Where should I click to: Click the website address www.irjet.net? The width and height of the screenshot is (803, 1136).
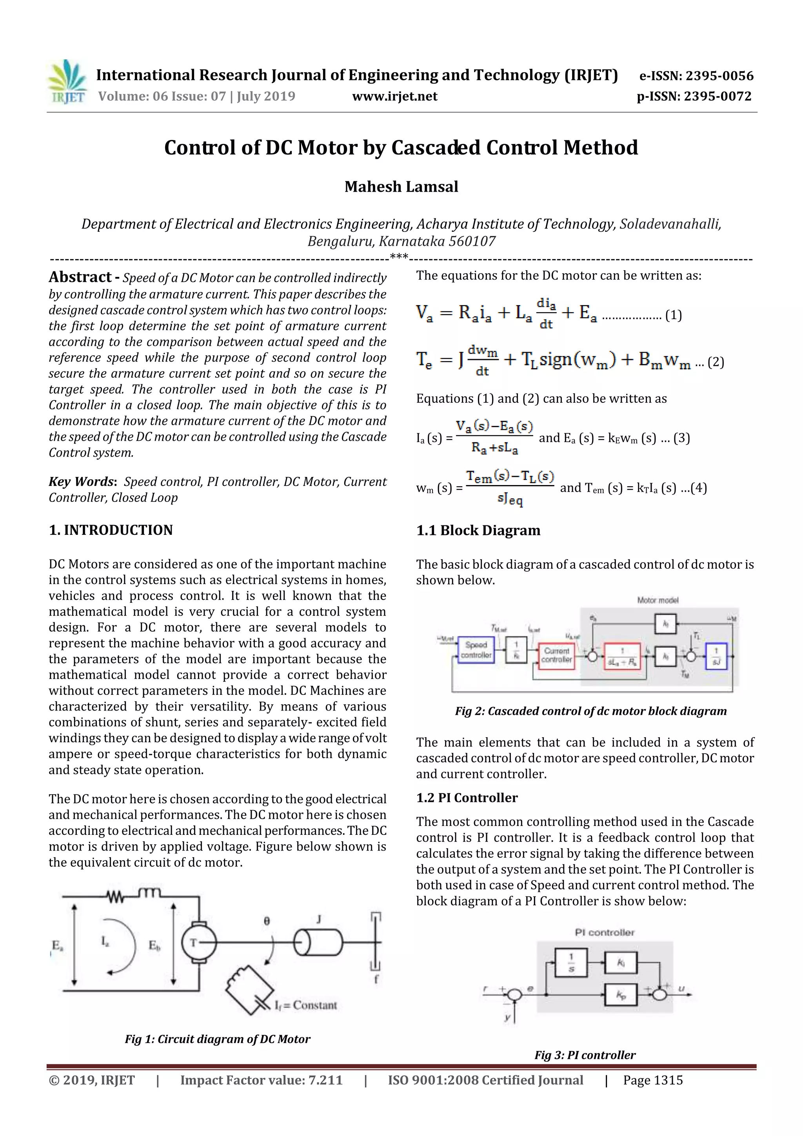(394, 96)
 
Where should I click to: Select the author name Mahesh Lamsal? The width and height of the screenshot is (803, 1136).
(401, 187)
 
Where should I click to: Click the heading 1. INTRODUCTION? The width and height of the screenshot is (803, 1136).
(111, 530)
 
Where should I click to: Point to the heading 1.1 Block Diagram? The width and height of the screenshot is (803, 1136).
(478, 531)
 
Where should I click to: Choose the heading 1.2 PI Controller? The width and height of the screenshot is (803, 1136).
(467, 798)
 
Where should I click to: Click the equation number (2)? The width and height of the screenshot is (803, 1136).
(716, 362)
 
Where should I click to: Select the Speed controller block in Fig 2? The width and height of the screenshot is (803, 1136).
(476, 650)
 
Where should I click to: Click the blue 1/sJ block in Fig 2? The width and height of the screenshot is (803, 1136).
(716, 656)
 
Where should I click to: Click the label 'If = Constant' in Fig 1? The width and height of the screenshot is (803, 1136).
(305, 1005)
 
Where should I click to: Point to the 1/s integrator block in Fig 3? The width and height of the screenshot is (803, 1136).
(571, 962)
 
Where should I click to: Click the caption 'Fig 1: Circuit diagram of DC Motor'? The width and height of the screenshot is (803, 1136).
(217, 1039)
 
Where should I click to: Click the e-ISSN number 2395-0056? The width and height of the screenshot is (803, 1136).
(719, 76)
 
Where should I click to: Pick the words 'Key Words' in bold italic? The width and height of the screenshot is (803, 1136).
(81, 482)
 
